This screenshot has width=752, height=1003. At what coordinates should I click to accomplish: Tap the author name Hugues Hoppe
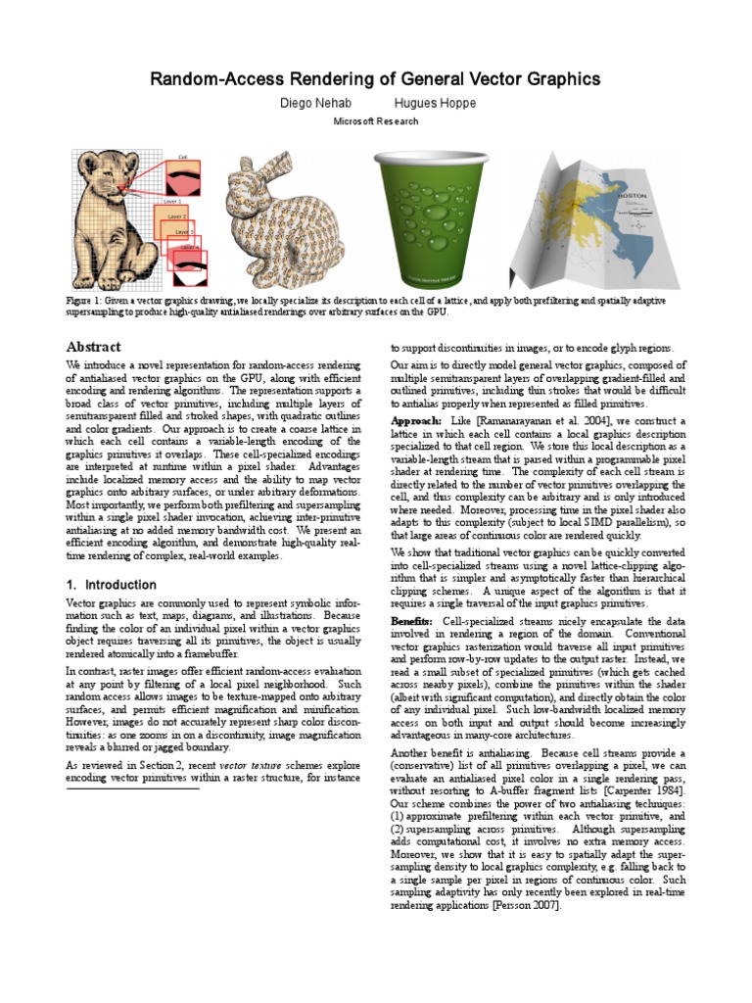pos(435,103)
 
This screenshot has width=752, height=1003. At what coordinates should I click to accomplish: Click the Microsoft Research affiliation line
pos(376,121)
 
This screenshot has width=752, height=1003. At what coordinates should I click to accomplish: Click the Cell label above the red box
pos(182,158)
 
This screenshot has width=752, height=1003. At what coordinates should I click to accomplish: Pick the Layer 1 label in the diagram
pos(172,199)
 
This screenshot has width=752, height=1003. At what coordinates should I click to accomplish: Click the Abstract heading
pos(93,347)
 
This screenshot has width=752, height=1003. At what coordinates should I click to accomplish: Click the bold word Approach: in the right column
pos(416,420)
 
